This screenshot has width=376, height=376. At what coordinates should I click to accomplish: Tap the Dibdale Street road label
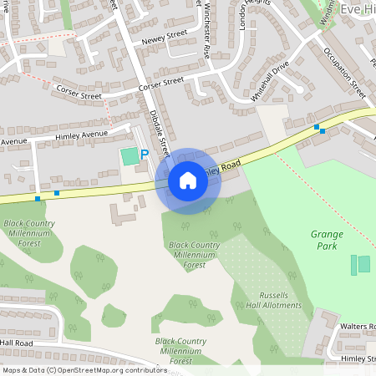coord(160,133)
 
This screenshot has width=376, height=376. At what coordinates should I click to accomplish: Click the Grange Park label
coord(326,241)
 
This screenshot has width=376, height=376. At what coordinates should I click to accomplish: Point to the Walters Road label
coord(360,326)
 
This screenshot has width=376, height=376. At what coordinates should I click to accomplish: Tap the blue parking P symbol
coord(144,155)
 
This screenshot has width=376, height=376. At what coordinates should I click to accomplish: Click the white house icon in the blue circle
coord(188,180)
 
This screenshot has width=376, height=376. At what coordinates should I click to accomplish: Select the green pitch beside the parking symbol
coord(129,155)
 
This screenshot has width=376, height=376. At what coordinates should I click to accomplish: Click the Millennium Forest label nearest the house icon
coord(194,255)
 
